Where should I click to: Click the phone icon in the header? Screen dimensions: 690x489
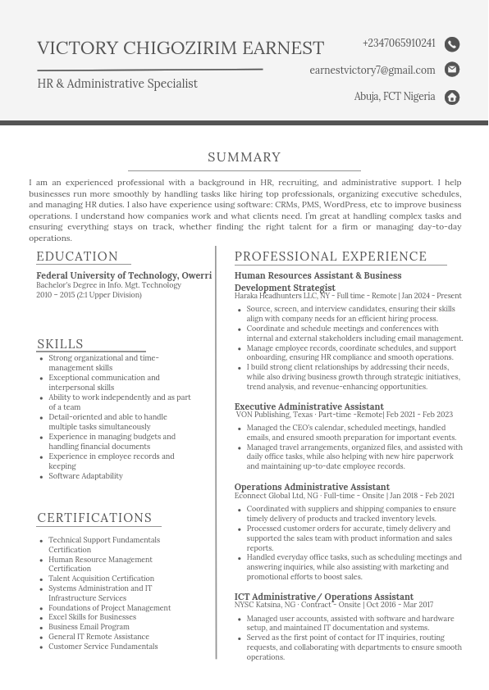click(452, 44)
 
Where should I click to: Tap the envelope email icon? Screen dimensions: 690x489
click(452, 70)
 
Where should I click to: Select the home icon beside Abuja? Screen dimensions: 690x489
click(452, 98)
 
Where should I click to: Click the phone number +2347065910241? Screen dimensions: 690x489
click(399, 43)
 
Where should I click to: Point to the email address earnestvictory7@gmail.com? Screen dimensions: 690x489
click(372, 70)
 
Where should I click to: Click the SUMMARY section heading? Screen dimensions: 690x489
click(244, 157)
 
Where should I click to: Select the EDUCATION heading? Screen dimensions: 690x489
click(77, 256)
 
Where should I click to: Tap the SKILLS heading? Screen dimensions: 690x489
click(60, 344)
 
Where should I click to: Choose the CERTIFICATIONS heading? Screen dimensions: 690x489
click(94, 518)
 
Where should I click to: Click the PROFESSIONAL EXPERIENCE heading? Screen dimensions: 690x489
click(331, 256)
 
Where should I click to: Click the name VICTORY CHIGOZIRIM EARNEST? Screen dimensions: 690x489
click(181, 48)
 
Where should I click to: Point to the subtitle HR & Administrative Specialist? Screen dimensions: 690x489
click(117, 84)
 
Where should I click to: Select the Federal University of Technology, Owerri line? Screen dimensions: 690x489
click(124, 275)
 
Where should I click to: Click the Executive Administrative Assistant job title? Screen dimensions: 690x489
click(308, 406)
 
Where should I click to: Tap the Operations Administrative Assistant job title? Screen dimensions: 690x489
click(312, 487)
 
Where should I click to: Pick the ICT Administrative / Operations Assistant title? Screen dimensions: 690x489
click(323, 597)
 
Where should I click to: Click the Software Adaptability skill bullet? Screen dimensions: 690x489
click(85, 476)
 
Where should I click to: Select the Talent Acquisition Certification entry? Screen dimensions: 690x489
click(101, 579)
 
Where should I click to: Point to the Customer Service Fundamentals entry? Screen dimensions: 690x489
click(103, 647)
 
